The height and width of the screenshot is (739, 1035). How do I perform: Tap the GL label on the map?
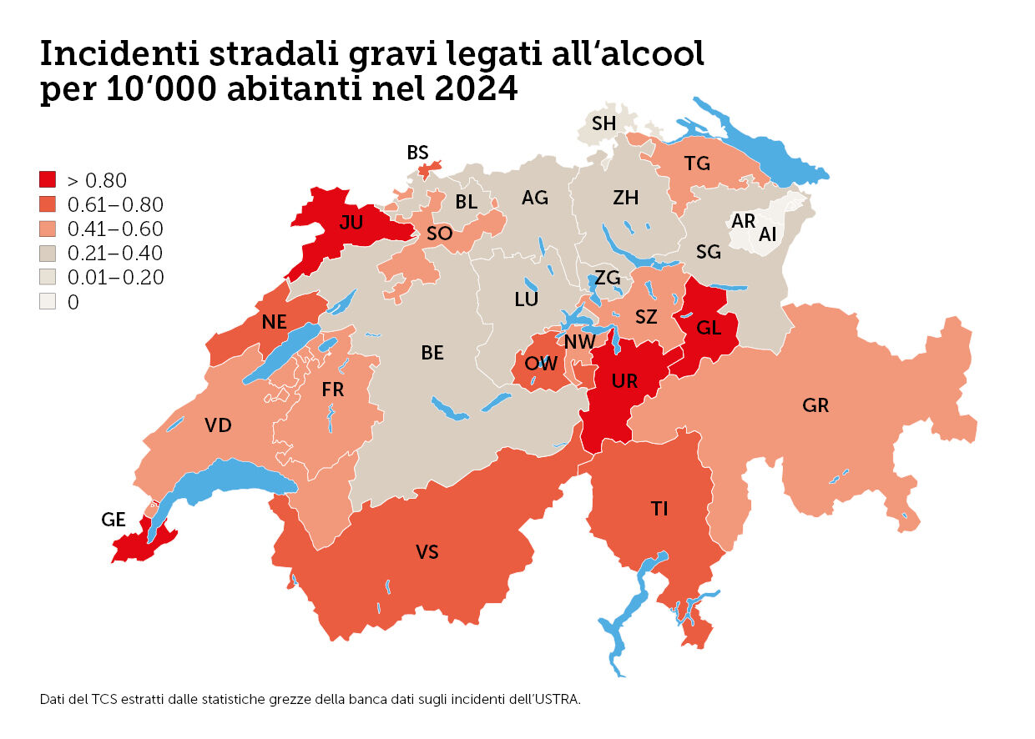pos(709,328)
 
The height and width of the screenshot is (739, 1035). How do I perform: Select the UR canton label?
pos(624,381)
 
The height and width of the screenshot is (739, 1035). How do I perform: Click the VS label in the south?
pos(427,551)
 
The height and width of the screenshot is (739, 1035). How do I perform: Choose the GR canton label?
pos(815,405)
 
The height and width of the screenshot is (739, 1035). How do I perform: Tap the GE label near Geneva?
pos(113,520)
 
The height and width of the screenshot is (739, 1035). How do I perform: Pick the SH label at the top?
pos(603,123)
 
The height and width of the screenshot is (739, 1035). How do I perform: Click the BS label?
pos(417,153)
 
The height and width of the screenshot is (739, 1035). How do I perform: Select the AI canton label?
pos(767,235)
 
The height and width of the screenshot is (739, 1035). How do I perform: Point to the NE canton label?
pos(274,322)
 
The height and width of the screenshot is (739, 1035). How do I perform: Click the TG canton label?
pos(697,163)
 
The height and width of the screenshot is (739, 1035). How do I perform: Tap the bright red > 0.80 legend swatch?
pos(48,179)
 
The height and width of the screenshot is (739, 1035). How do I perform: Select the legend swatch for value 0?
pos(48,302)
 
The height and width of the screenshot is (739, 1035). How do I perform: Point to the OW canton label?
pos(541,363)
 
